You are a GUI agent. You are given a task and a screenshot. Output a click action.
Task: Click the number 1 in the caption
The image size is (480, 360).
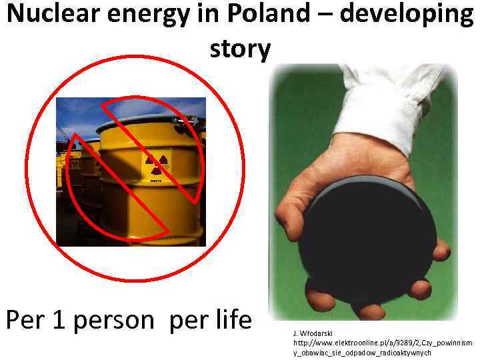tap(59, 321)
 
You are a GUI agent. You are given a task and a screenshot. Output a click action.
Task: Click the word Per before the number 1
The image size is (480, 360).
tap(26, 321)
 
